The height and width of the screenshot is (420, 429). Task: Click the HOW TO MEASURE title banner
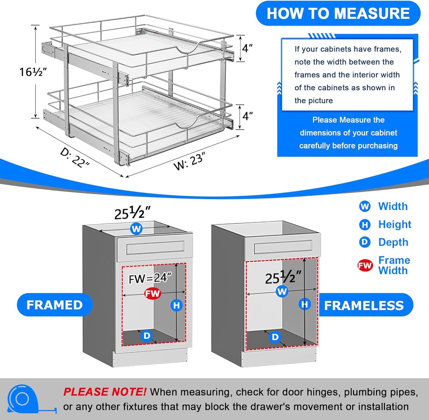tap(338, 14)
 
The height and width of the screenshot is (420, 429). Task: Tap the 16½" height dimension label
tap(33, 72)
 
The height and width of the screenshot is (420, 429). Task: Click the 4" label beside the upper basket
tap(247, 48)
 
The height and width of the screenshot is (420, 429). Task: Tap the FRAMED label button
tap(55, 305)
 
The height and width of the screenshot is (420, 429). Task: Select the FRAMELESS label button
tap(364, 305)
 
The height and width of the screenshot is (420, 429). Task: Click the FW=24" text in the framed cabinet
tap(150, 278)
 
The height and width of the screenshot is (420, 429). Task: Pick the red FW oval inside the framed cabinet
tap(153, 294)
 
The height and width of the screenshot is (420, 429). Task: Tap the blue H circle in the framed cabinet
tap(177, 305)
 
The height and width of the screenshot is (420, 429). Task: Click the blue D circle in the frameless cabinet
tap(275, 337)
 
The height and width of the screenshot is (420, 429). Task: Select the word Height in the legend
tap(395, 225)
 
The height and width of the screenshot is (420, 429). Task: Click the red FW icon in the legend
tap(365, 265)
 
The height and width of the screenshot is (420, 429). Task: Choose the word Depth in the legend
tap(393, 242)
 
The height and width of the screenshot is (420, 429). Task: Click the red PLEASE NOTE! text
tap(105, 392)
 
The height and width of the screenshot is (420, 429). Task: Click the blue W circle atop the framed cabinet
tap(136, 229)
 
